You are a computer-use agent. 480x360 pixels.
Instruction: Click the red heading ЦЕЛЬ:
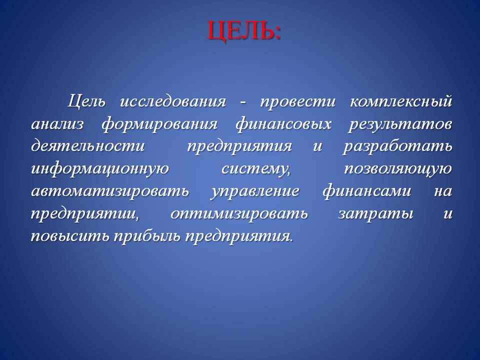244,31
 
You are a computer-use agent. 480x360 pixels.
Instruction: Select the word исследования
173,101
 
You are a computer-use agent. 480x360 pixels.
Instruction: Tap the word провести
298,102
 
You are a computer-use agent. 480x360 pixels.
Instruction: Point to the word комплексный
400,101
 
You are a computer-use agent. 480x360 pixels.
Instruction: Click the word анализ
57,124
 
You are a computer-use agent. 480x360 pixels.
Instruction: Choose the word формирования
159,124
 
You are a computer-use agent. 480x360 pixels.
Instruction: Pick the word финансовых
283,124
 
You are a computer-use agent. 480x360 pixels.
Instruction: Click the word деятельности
88,146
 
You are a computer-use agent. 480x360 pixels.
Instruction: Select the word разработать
397,146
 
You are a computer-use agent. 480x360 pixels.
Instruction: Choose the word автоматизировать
110,191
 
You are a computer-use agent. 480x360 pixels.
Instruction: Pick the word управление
254,191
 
